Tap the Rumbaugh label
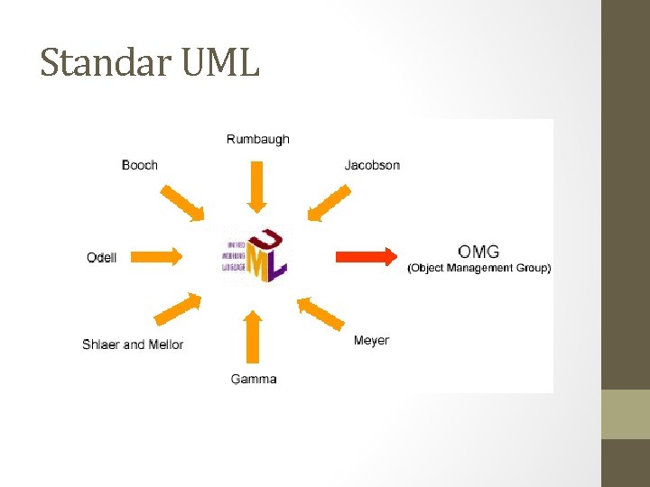coord(258,139)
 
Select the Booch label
coord(140,165)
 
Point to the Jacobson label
coord(372,165)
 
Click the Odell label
coord(101,257)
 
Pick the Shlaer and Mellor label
coord(133,345)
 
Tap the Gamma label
coord(254,379)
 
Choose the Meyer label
coord(371,340)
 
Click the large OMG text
coord(478,251)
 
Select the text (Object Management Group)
coord(479,269)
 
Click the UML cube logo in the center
coord(256,257)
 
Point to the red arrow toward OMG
coord(367,257)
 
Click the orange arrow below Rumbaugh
coord(257,186)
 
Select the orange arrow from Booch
coord(184,204)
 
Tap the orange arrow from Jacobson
coord(329,203)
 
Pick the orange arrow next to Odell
coord(162,257)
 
